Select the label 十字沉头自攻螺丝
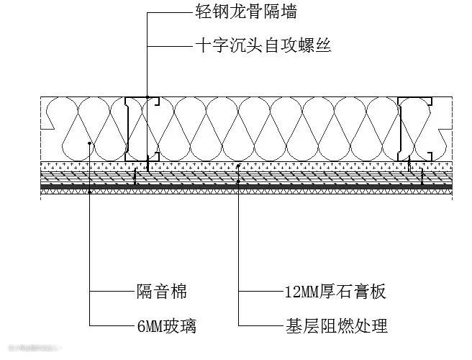pos(263,46)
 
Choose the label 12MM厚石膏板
pos(335,292)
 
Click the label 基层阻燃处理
pos(336,326)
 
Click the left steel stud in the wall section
pos(129,128)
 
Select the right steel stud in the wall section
pos(404,128)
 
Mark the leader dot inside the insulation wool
pos(89,143)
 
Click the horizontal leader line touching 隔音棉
pos(112,292)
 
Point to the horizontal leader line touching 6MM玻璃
pos(112,326)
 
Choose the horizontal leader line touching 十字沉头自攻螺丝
pos(171,46)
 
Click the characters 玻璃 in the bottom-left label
pos(182,326)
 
